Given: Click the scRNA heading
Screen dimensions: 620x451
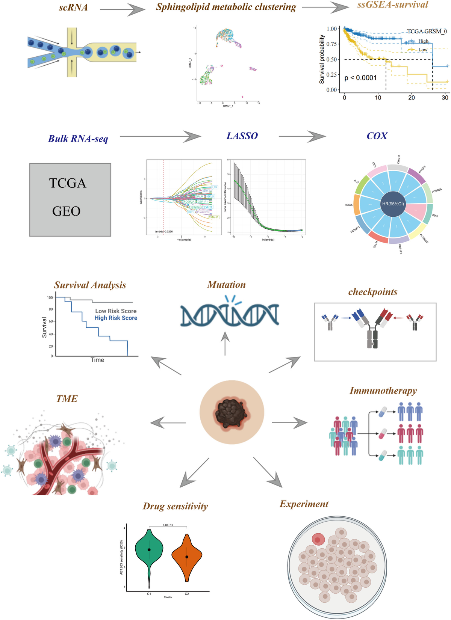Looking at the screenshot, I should pos(73,7).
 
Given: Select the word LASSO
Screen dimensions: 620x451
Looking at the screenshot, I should pos(242,136).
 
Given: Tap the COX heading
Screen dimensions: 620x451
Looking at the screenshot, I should pos(377,136).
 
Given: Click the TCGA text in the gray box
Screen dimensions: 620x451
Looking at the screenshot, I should pos(68,183).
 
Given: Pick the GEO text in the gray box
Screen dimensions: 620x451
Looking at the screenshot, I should pos(66,211).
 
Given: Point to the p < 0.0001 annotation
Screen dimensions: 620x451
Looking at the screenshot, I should pos(360,78).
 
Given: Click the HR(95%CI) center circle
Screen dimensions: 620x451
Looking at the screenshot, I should pos(393,204).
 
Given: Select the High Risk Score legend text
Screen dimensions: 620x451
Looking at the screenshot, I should pos(116,318).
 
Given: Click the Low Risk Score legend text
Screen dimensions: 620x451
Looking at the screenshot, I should pos(116,311).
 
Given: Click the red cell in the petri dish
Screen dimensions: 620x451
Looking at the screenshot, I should pos(318,540).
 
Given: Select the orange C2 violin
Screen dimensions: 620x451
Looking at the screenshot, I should pos(187,556).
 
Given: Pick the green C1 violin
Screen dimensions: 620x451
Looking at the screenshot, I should pos(149,550).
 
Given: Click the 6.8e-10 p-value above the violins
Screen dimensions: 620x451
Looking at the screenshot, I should pos(168,525).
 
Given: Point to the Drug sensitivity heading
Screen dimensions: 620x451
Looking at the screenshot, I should pos(175,506).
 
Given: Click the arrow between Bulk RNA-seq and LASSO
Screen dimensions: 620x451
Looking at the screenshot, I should pos(161,136).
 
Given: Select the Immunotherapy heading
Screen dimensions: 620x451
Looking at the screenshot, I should pos(383,391).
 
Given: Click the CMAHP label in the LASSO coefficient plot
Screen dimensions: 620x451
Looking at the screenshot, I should pos(213,217).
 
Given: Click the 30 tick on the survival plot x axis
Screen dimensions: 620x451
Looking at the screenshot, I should pos(445,98).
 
